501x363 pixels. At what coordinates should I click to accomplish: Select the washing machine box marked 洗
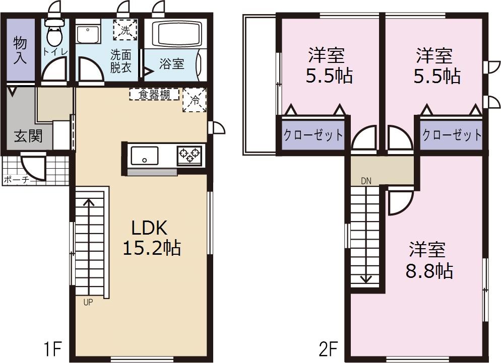(x=125, y=30)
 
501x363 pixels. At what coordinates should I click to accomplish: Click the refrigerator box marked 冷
(x=195, y=100)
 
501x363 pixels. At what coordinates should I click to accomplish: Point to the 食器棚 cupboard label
(x=154, y=94)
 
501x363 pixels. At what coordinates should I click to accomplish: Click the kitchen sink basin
(x=145, y=156)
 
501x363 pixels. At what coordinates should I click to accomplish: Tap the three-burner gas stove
(x=190, y=156)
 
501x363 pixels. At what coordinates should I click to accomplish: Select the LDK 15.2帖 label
(x=152, y=238)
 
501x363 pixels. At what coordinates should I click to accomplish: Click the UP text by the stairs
(x=88, y=302)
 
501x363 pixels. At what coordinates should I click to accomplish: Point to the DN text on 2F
(x=366, y=181)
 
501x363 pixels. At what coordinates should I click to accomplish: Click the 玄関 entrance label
(x=28, y=136)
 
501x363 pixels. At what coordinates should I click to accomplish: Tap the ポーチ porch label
(x=16, y=180)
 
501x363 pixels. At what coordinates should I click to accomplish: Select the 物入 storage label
(x=20, y=50)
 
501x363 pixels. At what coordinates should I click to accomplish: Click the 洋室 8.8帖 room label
(x=429, y=260)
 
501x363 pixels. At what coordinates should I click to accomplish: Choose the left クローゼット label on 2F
(x=313, y=135)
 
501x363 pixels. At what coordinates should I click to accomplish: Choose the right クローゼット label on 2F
(x=452, y=135)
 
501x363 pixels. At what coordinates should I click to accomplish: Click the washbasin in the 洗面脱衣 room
(x=88, y=34)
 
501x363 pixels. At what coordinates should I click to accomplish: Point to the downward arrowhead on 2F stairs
(x=365, y=279)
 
